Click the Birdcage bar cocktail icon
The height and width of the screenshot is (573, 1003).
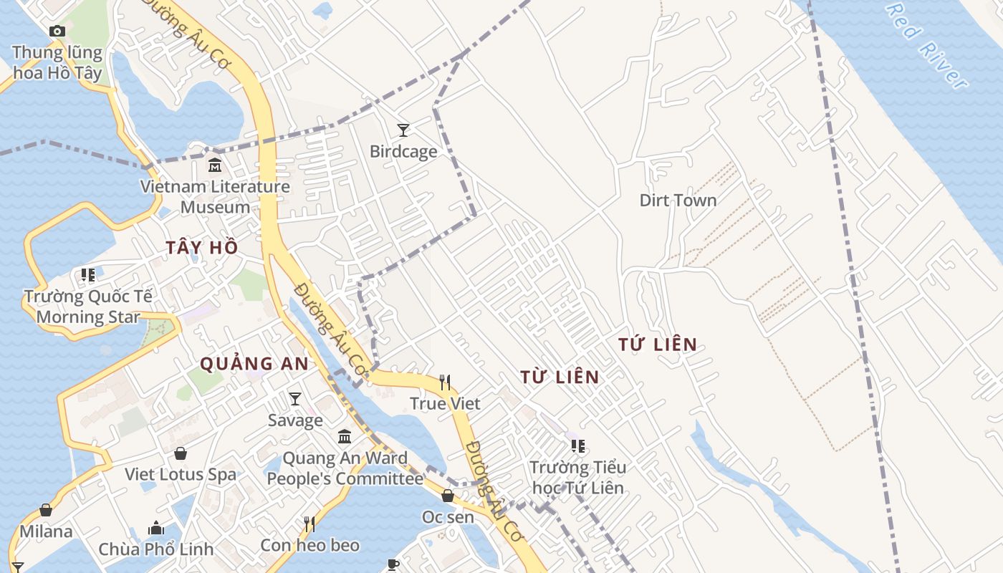(403, 130)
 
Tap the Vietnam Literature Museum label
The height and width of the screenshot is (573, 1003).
(215, 197)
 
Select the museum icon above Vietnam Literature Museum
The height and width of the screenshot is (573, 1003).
(214, 165)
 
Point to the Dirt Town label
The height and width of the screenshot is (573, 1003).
(678, 200)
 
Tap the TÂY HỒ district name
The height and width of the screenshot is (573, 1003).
(202, 248)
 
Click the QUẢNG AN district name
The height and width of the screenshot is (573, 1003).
(254, 364)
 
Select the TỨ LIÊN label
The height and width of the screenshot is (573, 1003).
(658, 345)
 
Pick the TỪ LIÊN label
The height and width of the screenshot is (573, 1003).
(560, 377)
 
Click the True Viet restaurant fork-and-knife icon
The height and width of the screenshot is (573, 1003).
(445, 382)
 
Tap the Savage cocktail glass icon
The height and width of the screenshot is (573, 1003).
(294, 398)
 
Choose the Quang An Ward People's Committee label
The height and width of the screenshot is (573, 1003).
(345, 468)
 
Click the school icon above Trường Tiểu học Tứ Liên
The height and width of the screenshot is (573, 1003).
(578, 446)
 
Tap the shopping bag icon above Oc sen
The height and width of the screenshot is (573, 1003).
(448, 496)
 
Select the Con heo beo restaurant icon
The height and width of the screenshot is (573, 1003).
(309, 524)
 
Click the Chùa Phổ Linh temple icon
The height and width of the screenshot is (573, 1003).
(156, 529)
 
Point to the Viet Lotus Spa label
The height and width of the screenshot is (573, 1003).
(181, 474)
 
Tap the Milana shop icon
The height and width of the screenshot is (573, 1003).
(46, 510)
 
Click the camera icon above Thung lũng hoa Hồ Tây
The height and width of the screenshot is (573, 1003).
(57, 31)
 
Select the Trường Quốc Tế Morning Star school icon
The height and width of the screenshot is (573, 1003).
(88, 275)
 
